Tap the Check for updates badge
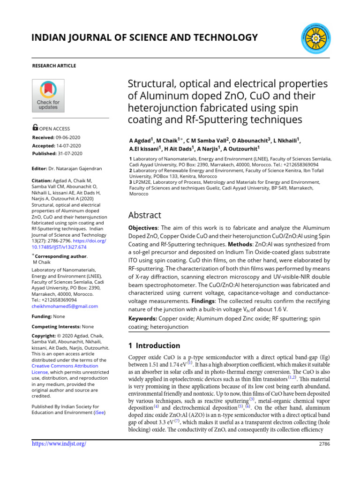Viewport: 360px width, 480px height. [48, 96]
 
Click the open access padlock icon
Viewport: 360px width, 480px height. [35, 127]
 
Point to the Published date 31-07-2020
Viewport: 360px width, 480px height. [70, 153]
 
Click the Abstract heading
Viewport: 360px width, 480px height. [145, 215]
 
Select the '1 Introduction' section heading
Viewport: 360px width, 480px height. [154, 345]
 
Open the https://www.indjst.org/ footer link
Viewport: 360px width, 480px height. [59, 443]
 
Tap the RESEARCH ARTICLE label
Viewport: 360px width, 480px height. [53, 66]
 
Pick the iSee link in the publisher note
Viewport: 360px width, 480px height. [100, 412]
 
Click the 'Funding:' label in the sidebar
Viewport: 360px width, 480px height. [42, 316]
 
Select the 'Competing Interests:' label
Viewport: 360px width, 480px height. [56, 326]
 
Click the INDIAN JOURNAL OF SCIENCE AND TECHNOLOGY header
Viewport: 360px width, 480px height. [145, 37]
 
